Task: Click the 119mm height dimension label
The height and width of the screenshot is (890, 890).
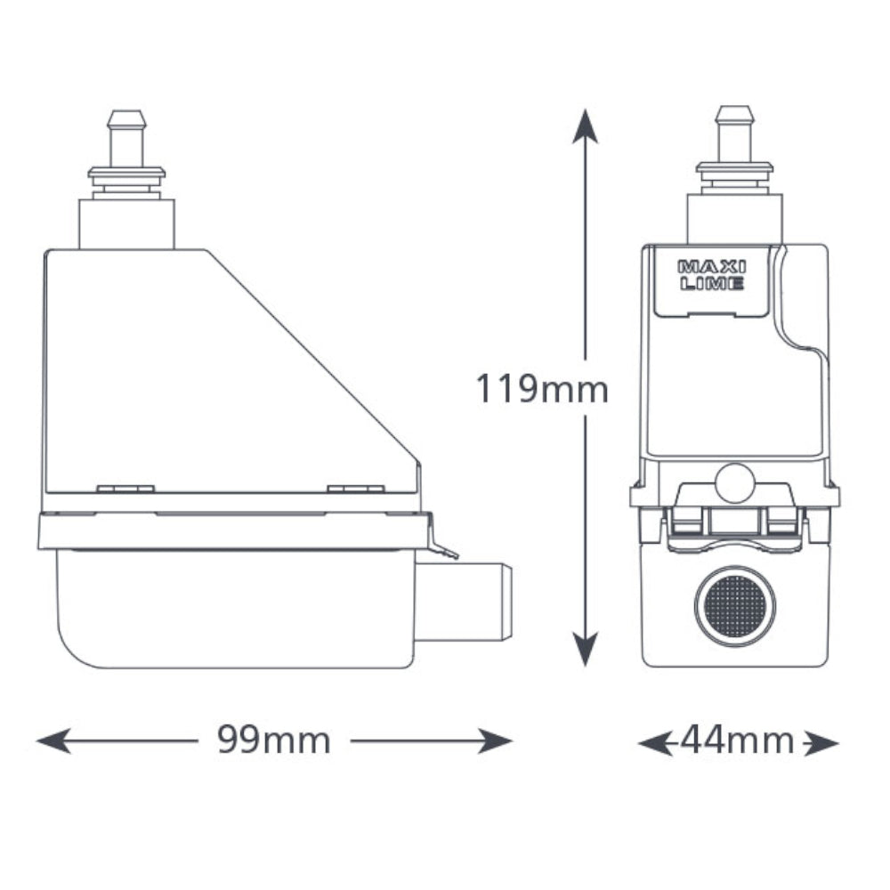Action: click(541, 390)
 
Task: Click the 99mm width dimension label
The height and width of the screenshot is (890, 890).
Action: click(273, 740)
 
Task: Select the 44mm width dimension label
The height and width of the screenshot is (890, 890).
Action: click(737, 740)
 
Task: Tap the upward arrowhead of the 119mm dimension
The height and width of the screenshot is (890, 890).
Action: click(585, 126)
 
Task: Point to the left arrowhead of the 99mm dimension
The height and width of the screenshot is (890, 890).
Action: click(54, 740)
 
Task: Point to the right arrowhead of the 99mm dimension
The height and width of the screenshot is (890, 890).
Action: click(495, 740)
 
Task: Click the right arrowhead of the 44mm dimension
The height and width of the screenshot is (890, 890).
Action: click(821, 743)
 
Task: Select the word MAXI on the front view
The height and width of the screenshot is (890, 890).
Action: click(712, 266)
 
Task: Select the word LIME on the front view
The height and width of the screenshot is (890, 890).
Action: click(712, 283)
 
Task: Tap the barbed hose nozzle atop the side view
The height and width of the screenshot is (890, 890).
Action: click(126, 139)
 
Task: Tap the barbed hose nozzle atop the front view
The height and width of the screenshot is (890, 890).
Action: click(735, 134)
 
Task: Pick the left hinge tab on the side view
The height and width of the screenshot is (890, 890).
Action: click(125, 489)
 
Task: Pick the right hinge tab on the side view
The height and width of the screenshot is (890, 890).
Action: click(356, 489)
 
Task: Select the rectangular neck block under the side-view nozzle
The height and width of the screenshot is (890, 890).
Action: click(126, 223)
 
